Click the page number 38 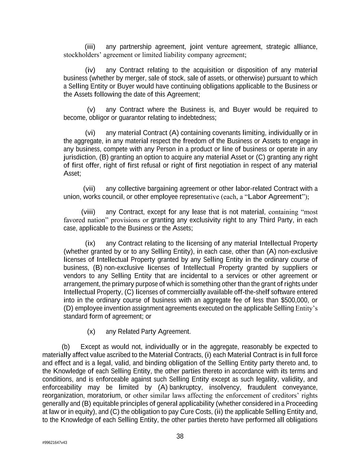click(180, 436)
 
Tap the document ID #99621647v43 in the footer click(55, 442)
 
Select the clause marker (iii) click(90, 46)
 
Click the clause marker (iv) click(90, 70)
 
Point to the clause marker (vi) click(90, 133)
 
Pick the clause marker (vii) click(89, 189)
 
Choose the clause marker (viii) click(88, 212)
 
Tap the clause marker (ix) click(90, 243)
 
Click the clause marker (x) click(91, 331)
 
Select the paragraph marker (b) click(66, 347)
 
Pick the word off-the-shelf click(253, 292)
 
